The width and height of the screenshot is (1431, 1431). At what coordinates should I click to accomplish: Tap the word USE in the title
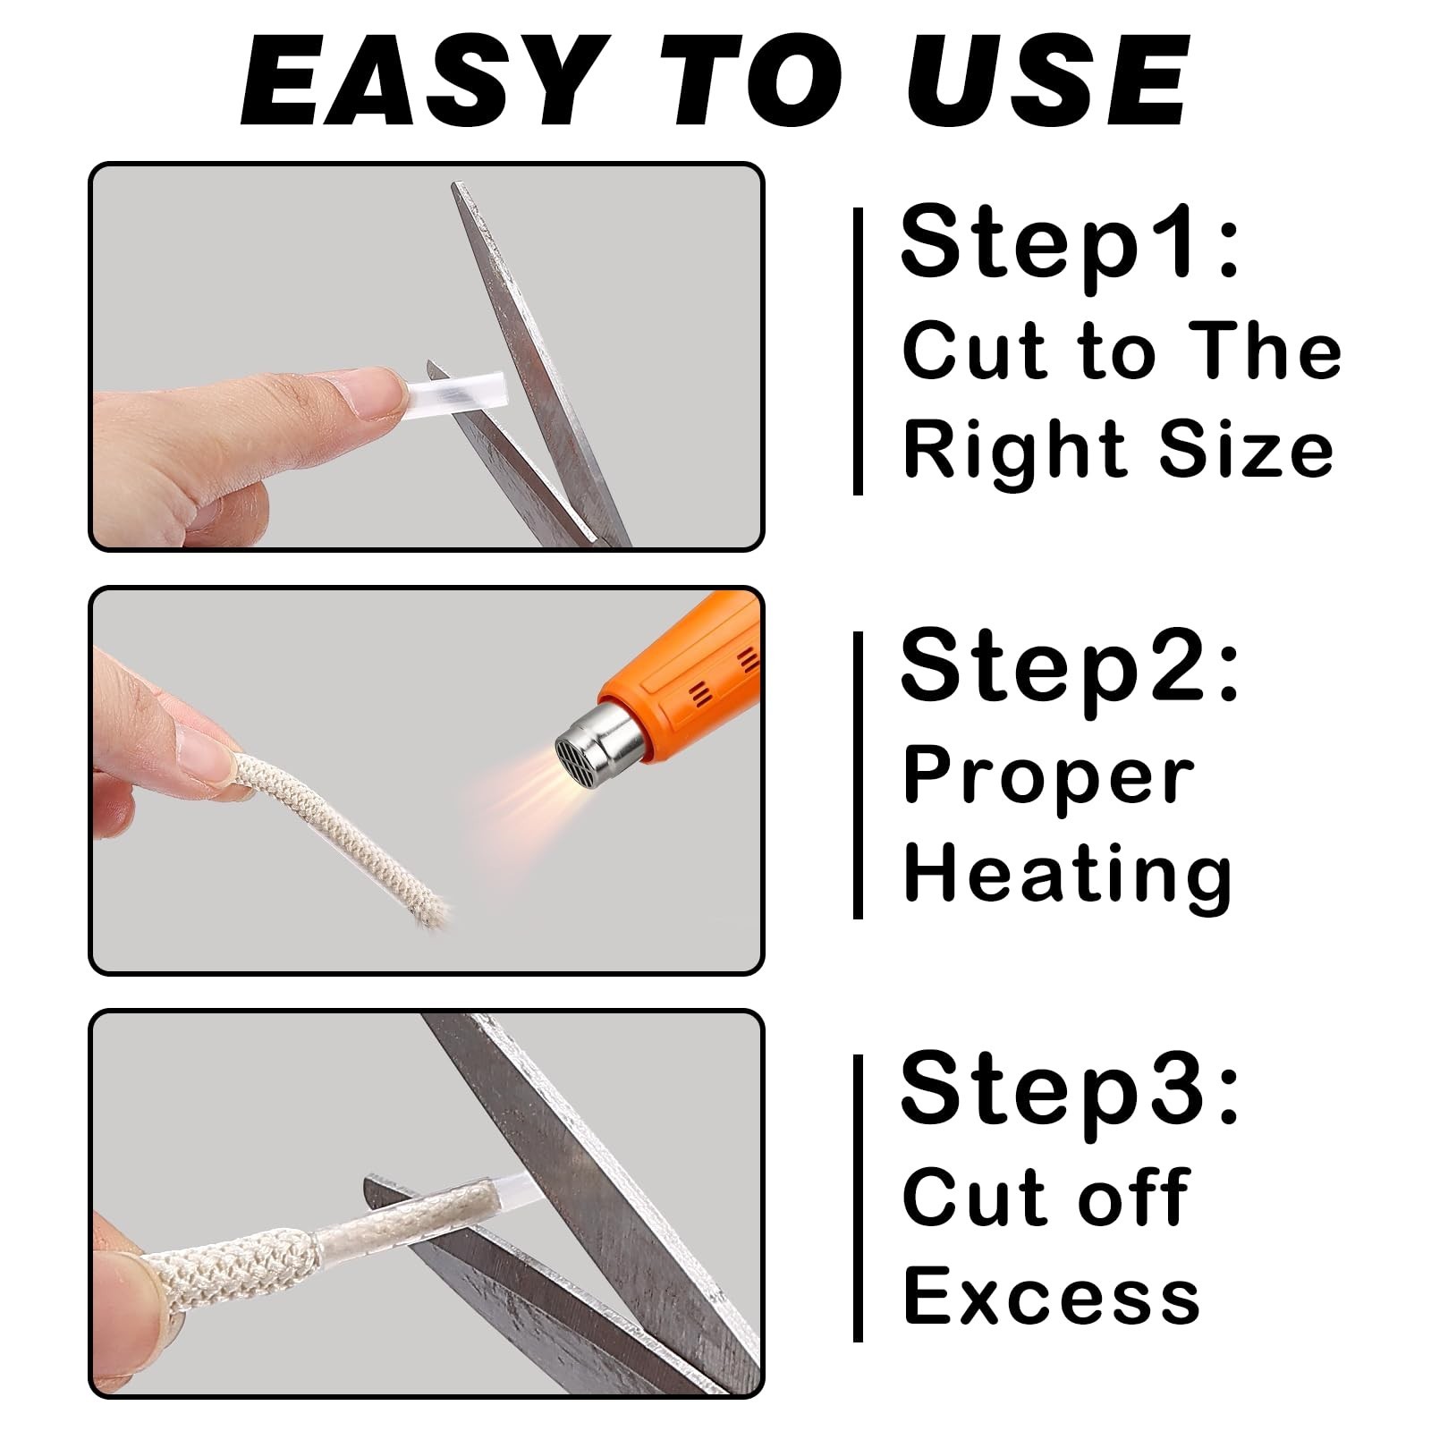tap(1047, 81)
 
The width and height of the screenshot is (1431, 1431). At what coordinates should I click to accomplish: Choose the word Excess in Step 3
tap(1051, 1296)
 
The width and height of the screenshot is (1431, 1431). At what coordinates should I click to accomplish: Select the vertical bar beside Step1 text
tap(859, 351)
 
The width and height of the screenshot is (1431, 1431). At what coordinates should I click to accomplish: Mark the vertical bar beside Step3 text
tap(859, 1198)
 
